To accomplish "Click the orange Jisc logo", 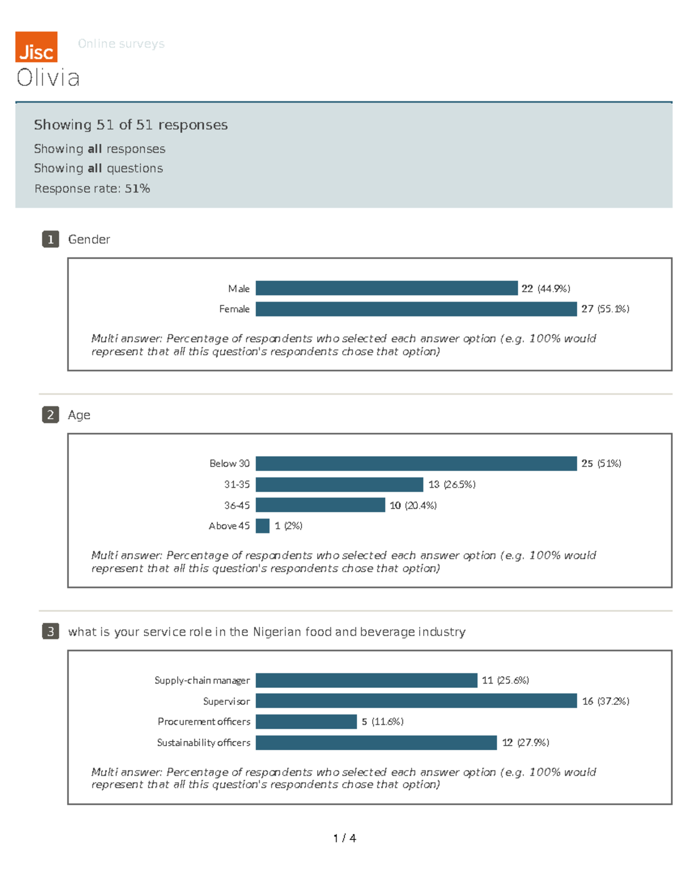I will (36, 47).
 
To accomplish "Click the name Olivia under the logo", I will (48, 78).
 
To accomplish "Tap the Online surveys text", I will (121, 44).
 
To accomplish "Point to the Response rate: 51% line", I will (92, 189).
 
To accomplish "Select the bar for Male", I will (386, 288).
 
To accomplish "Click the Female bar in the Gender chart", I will (416, 309).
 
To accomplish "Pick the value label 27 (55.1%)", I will (605, 309).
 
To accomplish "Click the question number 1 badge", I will (50, 239).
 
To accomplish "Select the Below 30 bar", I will (416, 464).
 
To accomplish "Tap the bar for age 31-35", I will (339, 485).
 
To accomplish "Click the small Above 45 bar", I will (263, 526).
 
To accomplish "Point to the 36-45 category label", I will (237, 505).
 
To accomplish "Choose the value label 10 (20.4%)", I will (413, 505).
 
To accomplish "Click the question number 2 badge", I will (50, 415).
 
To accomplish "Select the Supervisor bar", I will (416, 701).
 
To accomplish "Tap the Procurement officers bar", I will (306, 722).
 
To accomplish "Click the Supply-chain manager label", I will (202, 680).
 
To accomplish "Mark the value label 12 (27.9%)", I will (525, 743).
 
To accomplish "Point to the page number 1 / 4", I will (345, 838).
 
